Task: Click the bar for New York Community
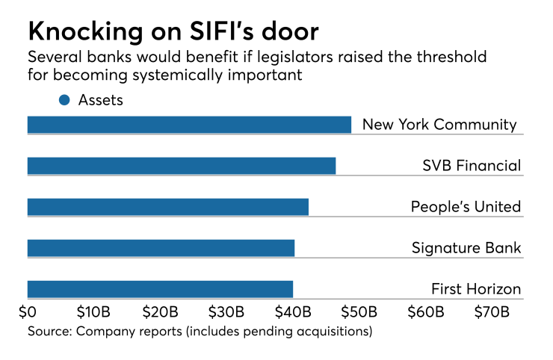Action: [189, 125]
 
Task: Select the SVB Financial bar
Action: [182, 166]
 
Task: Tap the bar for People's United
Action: [168, 207]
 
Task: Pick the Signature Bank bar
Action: [161, 248]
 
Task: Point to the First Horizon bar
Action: [160, 289]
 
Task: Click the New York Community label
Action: [439, 125]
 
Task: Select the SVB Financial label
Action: [471, 166]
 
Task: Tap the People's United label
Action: [466, 207]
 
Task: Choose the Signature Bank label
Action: [466, 248]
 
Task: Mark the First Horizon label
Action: [476, 289]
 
